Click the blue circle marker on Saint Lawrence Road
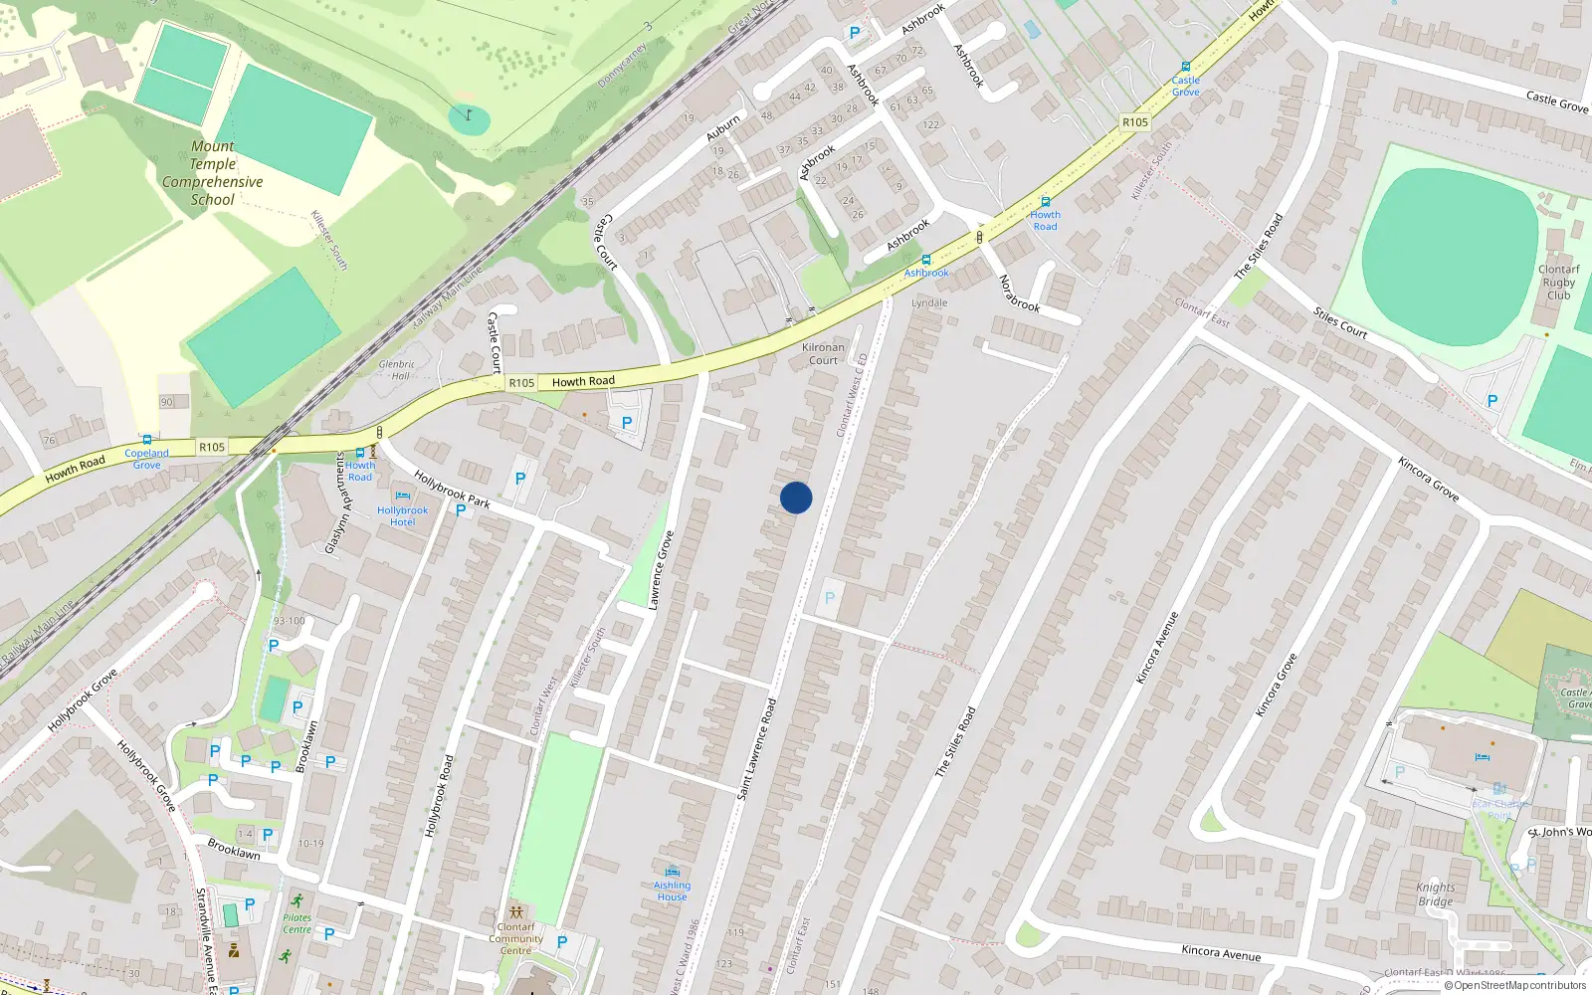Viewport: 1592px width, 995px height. click(796, 497)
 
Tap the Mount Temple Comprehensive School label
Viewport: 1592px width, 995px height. click(213, 173)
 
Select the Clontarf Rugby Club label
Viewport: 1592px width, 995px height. click(1558, 283)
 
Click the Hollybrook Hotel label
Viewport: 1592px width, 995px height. click(402, 515)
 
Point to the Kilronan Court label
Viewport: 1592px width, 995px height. click(823, 354)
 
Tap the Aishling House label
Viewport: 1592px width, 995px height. click(672, 891)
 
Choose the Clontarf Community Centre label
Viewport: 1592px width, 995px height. click(515, 938)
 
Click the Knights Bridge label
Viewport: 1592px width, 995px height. click(1435, 895)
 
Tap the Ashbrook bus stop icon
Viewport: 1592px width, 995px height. click(926, 260)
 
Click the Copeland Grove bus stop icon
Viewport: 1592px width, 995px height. click(146, 440)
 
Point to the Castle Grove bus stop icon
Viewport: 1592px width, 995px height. click(1185, 67)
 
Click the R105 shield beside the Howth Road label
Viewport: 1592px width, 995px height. click(521, 383)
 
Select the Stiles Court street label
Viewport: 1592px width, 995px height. click(1340, 323)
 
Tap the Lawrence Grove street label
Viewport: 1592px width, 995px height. click(661, 570)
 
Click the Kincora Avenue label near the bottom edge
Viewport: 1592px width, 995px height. click(1221, 952)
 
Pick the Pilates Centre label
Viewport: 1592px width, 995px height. click(297, 923)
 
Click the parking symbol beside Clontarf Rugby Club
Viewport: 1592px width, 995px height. click(1492, 401)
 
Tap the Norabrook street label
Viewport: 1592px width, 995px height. click(1019, 294)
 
